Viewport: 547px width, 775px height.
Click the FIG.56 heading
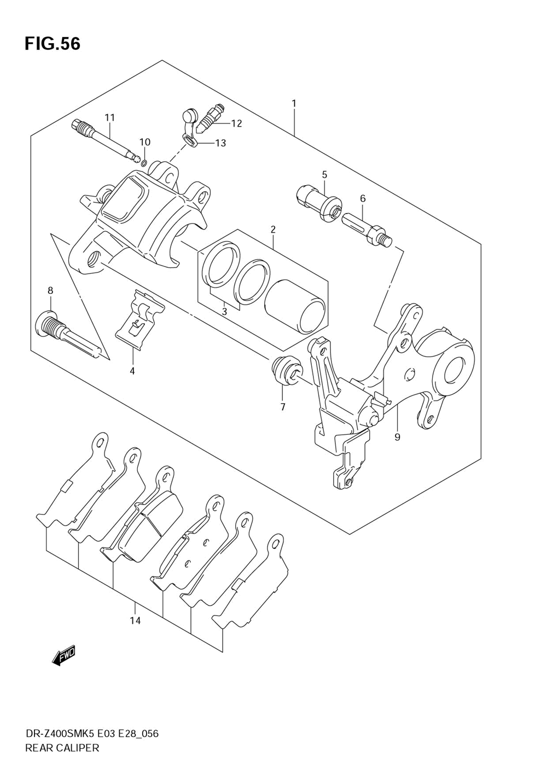point(53,44)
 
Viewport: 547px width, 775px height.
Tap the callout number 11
point(110,117)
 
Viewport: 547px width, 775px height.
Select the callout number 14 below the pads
point(135,620)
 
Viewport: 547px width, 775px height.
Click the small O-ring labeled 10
point(143,162)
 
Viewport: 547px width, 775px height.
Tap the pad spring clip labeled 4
point(140,321)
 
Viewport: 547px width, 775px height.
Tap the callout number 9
point(397,437)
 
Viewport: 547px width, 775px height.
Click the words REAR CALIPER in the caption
point(62,748)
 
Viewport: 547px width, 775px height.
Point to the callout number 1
point(294,103)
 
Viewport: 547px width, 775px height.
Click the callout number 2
point(272,229)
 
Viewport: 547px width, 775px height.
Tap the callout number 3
point(224,312)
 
